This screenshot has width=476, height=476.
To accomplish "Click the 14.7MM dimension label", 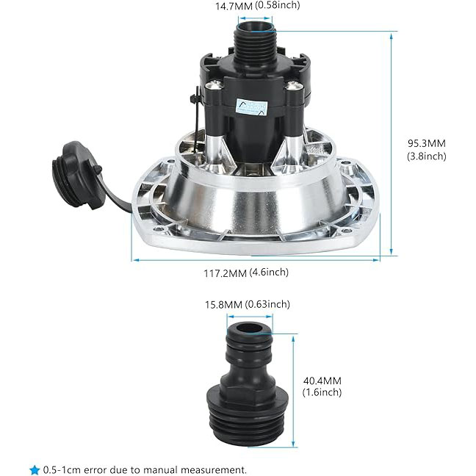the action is point(234,6).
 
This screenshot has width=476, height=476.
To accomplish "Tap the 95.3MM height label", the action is point(427,143).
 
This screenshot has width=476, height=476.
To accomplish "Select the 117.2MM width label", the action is point(225,273).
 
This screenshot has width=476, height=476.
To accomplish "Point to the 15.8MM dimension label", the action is point(223,305).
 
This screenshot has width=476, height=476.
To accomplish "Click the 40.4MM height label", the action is point(322,381).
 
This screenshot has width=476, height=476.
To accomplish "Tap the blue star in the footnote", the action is point(35,470).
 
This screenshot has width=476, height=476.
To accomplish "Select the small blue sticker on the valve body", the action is point(252,107).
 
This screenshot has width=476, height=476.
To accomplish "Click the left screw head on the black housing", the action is point(214,85).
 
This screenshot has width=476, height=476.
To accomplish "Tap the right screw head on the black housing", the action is point(294,85).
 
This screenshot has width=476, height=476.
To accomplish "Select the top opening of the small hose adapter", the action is point(250,328).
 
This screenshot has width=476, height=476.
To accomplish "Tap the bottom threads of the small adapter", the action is point(248,425).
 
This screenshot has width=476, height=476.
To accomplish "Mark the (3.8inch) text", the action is point(427,156).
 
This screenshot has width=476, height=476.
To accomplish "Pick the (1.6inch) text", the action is point(322,392).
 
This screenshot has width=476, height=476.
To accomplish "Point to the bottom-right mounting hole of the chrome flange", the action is point(345,231).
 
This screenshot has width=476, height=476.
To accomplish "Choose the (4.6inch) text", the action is point(269,273).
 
